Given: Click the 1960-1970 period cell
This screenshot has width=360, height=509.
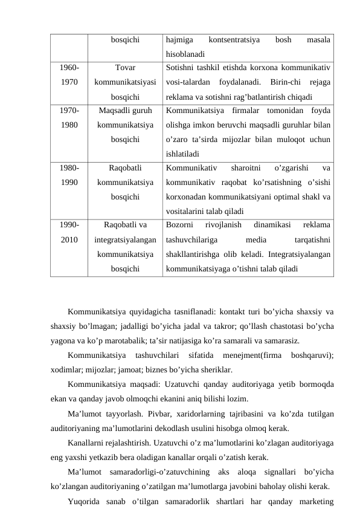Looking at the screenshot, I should click(69, 75).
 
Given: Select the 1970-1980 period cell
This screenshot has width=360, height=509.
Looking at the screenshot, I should click(69, 118).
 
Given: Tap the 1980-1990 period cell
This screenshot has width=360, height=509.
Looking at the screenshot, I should click(69, 175).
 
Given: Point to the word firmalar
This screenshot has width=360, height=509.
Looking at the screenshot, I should click(242, 111).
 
